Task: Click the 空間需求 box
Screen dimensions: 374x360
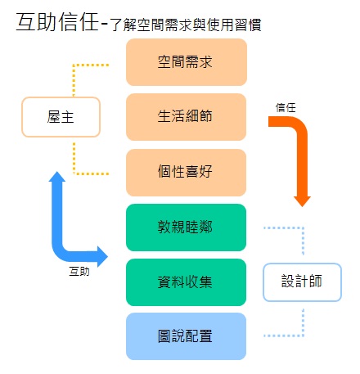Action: (x=186, y=62)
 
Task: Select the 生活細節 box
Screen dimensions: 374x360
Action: (x=186, y=117)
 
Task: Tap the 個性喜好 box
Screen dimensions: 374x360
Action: (x=186, y=172)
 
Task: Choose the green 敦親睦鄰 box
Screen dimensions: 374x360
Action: (x=186, y=227)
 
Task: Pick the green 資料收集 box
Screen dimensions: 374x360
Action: (x=186, y=282)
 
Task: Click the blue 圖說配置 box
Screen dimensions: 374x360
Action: (x=186, y=336)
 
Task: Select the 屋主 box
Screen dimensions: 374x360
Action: (x=61, y=117)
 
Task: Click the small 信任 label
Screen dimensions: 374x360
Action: (x=286, y=106)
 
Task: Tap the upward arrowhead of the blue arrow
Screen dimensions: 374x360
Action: (x=57, y=178)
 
